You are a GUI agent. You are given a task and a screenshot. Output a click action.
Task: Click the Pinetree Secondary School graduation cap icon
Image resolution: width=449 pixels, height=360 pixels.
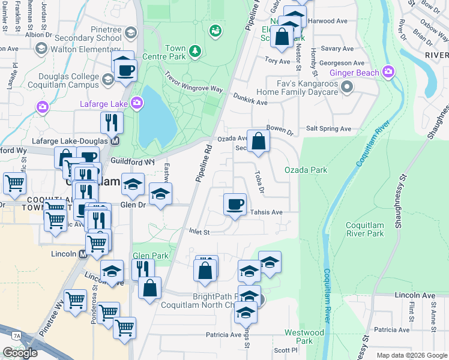pyautogui.click(x=131, y=34)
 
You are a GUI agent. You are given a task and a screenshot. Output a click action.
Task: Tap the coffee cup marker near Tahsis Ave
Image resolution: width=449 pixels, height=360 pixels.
pyautogui.click(x=235, y=204)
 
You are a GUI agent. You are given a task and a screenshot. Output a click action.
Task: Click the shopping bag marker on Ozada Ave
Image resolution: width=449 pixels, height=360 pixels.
pyautogui.click(x=258, y=142)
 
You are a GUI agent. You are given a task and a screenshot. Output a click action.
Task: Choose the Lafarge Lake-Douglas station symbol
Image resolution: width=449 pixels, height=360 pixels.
pyautogui.click(x=116, y=142)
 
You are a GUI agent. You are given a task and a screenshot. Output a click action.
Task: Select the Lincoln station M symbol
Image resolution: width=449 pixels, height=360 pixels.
pyautogui.click(x=83, y=254)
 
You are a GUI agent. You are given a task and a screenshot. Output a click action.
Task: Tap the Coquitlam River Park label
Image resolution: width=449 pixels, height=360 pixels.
pyautogui.click(x=364, y=229)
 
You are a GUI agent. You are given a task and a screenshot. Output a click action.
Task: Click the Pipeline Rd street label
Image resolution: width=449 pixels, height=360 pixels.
pyautogui.click(x=205, y=163)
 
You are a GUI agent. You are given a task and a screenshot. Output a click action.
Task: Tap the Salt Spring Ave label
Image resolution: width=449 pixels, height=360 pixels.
pyautogui.click(x=328, y=128)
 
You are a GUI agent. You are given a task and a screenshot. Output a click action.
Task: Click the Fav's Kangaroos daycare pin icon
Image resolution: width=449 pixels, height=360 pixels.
pyautogui.click(x=346, y=88)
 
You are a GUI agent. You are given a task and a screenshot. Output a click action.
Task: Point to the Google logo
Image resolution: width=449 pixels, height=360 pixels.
pyautogui.click(x=20, y=352)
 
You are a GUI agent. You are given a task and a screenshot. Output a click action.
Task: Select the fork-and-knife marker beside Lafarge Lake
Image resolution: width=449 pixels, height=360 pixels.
pyautogui.click(x=112, y=123)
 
